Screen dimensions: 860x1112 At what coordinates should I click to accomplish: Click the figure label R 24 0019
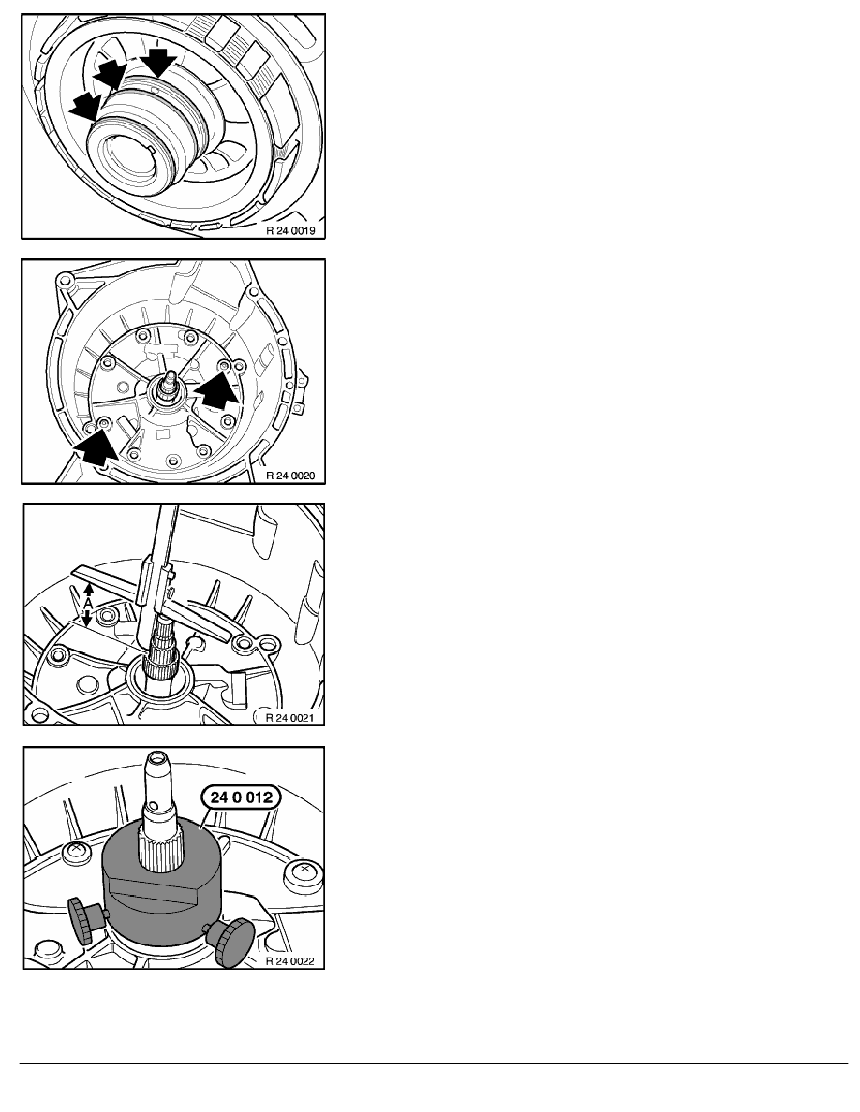pos(290,230)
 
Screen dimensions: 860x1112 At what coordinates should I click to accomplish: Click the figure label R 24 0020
pos(290,476)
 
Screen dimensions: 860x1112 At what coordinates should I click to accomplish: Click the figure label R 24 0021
pos(290,718)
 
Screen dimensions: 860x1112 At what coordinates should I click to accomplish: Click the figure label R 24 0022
pos(290,961)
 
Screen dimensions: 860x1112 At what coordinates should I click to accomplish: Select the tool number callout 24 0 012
pos(242,797)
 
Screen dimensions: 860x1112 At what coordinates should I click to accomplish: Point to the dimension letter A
pos(86,603)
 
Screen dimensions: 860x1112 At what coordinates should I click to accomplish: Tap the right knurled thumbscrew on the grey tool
pos(231,941)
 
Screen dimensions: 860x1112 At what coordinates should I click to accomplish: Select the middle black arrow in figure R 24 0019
pos(110,74)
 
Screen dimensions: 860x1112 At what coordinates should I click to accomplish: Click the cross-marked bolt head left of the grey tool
pos(74,849)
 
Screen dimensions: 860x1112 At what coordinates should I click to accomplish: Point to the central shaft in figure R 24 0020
pos(170,385)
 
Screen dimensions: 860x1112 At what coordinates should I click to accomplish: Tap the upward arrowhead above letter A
pos(88,589)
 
